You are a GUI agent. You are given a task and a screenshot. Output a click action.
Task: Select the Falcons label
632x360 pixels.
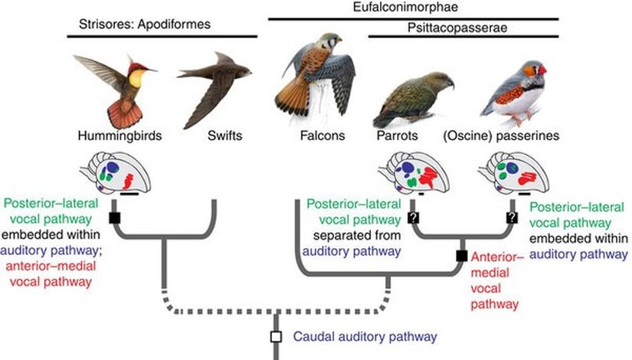(x=323, y=138)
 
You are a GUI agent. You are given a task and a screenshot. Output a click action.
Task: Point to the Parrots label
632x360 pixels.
(x=396, y=138)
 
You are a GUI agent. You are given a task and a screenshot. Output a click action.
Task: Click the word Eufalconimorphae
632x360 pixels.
(x=411, y=7)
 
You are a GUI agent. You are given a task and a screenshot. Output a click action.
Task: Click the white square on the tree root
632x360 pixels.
(x=275, y=336)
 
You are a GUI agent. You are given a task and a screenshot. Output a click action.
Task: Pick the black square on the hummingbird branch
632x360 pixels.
(x=114, y=218)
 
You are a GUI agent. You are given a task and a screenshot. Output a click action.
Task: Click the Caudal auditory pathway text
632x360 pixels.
(x=365, y=336)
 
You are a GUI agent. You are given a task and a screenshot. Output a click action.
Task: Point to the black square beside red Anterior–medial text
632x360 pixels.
(x=462, y=256)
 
